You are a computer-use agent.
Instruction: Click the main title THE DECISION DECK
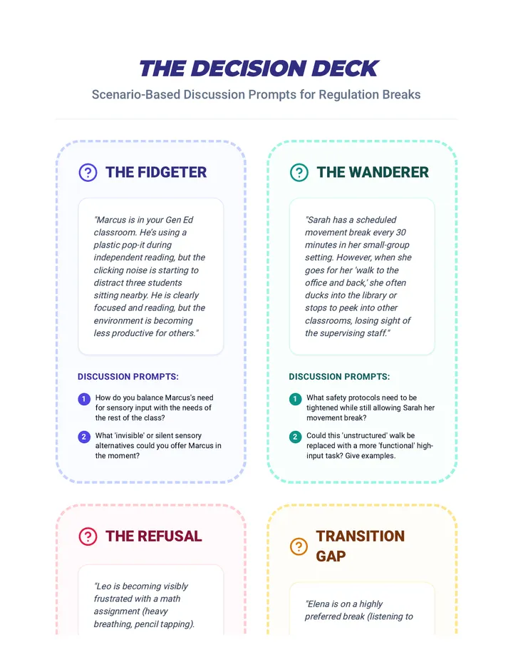point(259,68)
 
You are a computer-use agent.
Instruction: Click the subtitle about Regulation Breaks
point(256,95)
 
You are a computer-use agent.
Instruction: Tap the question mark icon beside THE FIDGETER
point(88,173)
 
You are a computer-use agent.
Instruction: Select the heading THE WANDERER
point(373,172)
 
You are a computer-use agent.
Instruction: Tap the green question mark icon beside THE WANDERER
point(299,173)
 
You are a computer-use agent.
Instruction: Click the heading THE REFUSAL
point(154,536)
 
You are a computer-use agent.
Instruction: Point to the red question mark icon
point(88,537)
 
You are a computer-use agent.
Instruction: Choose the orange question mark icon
point(299,547)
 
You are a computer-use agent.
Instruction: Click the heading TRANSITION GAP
point(361,546)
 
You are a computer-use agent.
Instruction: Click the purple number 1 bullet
point(84,399)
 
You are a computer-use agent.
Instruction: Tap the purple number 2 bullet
point(84,437)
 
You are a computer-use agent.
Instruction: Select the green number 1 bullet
point(295,399)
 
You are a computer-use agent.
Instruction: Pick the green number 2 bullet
point(295,437)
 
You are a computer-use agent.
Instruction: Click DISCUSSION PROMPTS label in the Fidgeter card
point(128,377)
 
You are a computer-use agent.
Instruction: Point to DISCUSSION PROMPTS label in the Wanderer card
point(339,377)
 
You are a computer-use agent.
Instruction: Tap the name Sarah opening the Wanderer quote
point(318,220)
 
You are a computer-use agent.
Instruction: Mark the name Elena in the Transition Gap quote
point(316,604)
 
